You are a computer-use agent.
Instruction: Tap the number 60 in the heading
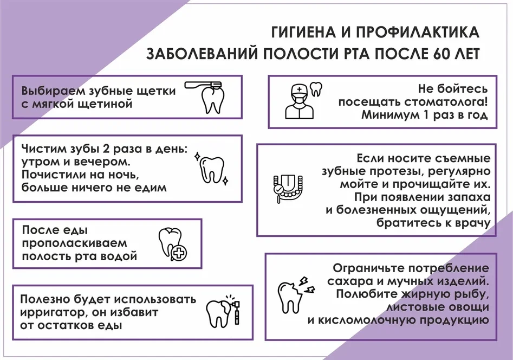(443, 55)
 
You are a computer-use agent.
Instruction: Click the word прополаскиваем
(75, 243)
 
